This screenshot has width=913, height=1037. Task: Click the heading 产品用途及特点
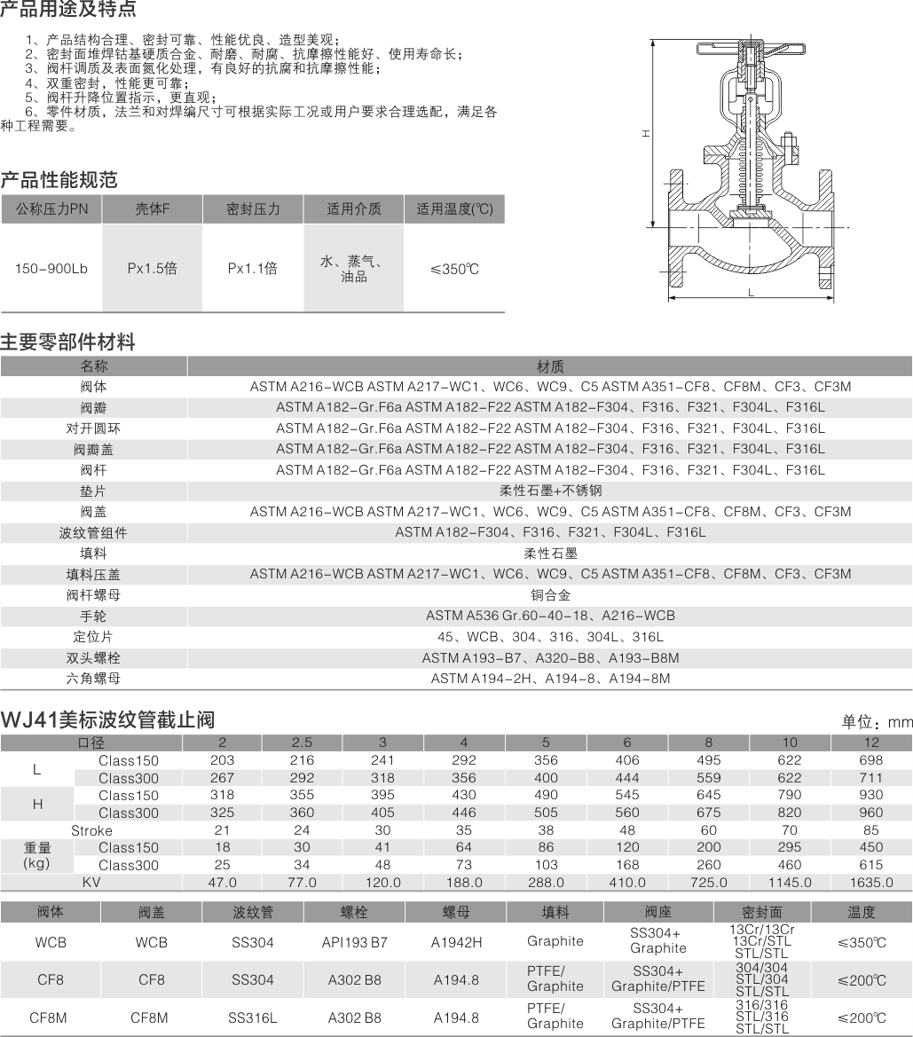pyautogui.click(x=68, y=10)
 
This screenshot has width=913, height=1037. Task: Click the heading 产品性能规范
pyautogui.click(x=59, y=180)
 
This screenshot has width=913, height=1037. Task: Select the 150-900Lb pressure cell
pyautogui.click(x=51, y=268)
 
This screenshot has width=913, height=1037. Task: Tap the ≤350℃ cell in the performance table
pyautogui.click(x=454, y=269)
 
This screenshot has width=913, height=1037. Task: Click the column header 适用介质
pyautogui.click(x=353, y=209)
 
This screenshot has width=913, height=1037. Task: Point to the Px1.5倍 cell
pyautogui.click(x=152, y=268)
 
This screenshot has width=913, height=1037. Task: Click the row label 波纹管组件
pyautogui.click(x=93, y=532)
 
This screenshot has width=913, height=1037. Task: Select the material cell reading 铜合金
pyautogui.click(x=550, y=594)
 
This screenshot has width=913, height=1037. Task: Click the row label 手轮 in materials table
pyautogui.click(x=93, y=616)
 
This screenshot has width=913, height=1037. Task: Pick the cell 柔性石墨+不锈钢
pyautogui.click(x=550, y=491)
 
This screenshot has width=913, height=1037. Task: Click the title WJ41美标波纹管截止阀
pyautogui.click(x=107, y=719)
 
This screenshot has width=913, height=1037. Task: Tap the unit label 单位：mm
pyautogui.click(x=877, y=722)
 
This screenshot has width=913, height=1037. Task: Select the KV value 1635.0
pyautogui.click(x=870, y=883)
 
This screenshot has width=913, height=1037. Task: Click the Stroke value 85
pyautogui.click(x=870, y=830)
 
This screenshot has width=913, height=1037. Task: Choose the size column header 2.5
pyautogui.click(x=302, y=742)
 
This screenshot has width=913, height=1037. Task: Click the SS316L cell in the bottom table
pyautogui.click(x=252, y=1017)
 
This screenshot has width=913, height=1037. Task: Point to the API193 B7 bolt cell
pyautogui.click(x=354, y=942)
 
